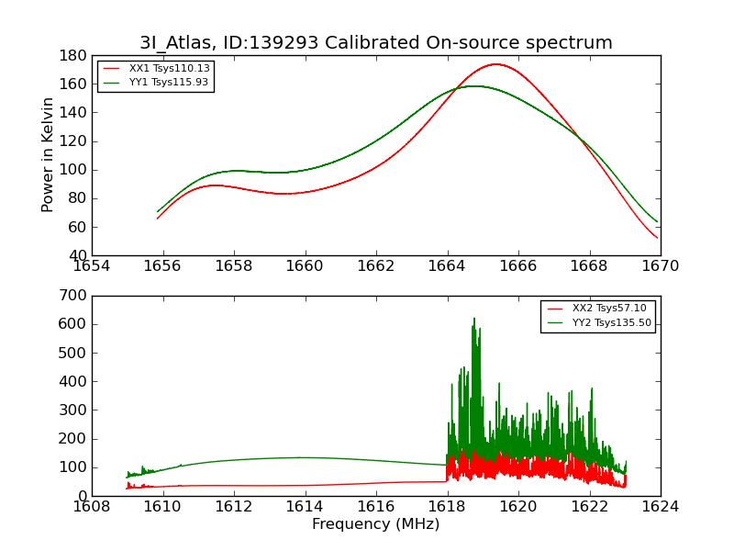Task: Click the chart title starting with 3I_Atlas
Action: click(x=376, y=43)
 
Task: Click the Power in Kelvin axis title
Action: click(x=48, y=155)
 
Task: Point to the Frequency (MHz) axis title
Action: click(x=376, y=524)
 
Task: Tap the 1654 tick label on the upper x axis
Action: click(x=92, y=266)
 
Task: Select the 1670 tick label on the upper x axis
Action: click(x=660, y=266)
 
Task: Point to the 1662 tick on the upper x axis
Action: click(x=376, y=266)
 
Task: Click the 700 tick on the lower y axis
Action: click(x=74, y=296)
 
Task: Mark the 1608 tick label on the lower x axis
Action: click(x=92, y=506)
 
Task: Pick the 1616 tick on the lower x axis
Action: click(x=376, y=506)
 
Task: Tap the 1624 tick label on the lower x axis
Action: click(x=660, y=506)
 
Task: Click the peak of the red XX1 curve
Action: click(x=495, y=64)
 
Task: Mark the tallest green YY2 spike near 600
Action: click(x=474, y=319)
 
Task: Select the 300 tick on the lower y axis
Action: click(x=74, y=410)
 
